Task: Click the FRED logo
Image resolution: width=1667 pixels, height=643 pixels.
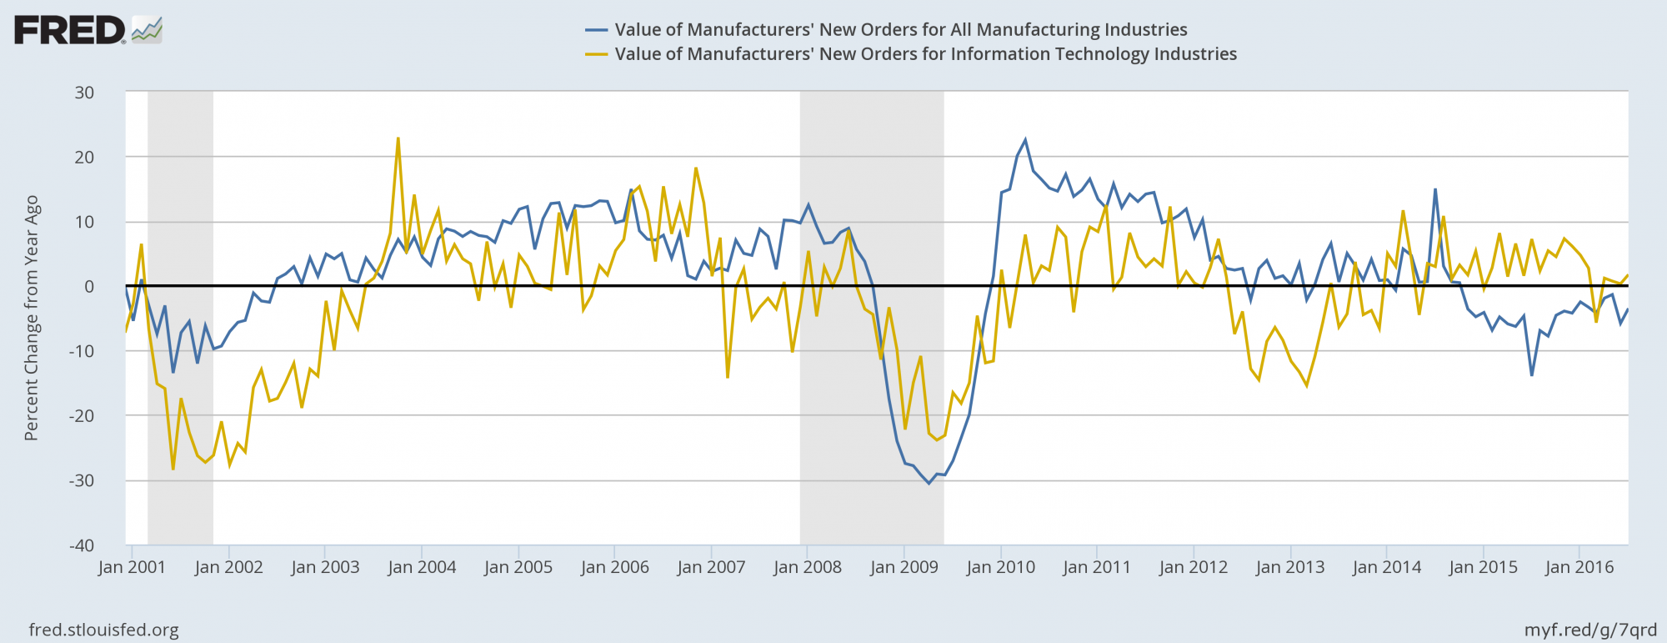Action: pyautogui.click(x=88, y=30)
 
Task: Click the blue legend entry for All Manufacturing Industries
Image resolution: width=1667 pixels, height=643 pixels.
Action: pyautogui.click(x=900, y=30)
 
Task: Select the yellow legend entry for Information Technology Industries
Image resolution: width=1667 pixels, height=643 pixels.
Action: pyautogui.click(x=925, y=54)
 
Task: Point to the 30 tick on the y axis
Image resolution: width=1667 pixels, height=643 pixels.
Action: pyautogui.click(x=84, y=93)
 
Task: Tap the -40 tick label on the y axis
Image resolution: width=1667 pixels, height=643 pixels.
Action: pyautogui.click(x=81, y=545)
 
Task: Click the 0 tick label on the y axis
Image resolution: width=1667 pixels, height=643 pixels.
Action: pyautogui.click(x=88, y=286)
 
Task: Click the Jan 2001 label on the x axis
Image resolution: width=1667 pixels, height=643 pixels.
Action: pyautogui.click(x=132, y=568)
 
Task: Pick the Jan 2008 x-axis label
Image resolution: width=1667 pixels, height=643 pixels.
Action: pyautogui.click(x=807, y=568)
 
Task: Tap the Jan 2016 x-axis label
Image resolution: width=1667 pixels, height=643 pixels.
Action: pyautogui.click(x=1579, y=568)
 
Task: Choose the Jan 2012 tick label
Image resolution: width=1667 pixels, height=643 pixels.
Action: pyautogui.click(x=1193, y=568)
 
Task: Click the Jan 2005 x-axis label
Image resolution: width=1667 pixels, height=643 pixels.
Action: pyautogui.click(x=518, y=568)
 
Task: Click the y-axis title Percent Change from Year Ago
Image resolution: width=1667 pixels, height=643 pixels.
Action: pyautogui.click(x=32, y=318)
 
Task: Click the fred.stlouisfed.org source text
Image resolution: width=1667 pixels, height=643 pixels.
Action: pyautogui.click(x=103, y=630)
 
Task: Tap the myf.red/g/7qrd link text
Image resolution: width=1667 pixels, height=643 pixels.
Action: pyautogui.click(x=1590, y=630)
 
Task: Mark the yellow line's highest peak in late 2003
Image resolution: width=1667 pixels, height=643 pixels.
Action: pyautogui.click(x=398, y=138)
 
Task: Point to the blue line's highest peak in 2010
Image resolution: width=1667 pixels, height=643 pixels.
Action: pyautogui.click(x=1025, y=140)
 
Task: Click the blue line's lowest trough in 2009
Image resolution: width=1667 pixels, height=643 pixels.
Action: pyautogui.click(x=929, y=483)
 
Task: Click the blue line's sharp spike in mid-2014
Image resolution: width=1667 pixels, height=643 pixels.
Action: pyautogui.click(x=1435, y=189)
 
